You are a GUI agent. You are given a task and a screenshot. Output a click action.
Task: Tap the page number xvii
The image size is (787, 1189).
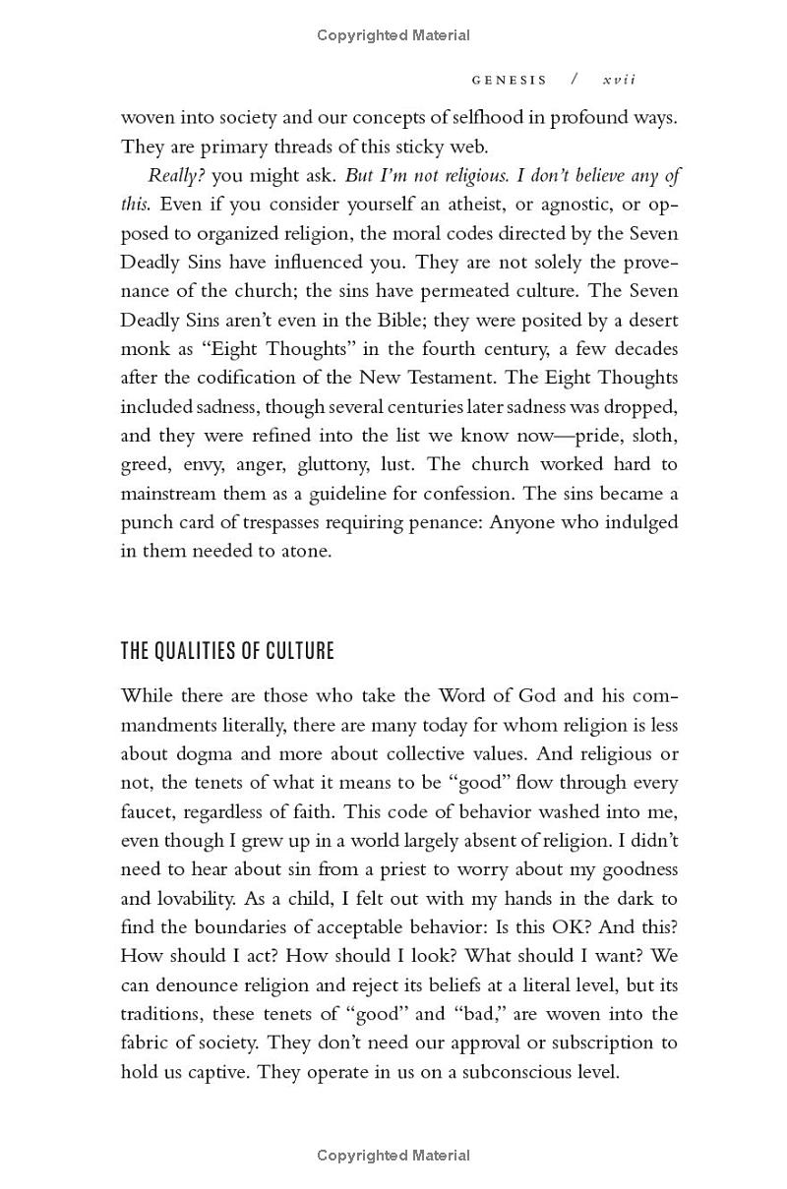(619, 80)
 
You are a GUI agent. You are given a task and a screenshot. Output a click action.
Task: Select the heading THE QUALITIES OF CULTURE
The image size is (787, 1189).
(227, 651)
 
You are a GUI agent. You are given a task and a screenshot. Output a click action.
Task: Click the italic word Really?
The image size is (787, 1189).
(177, 176)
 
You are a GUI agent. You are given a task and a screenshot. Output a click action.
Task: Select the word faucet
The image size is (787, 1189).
(151, 812)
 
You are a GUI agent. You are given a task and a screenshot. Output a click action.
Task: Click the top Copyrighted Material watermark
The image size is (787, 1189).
(393, 35)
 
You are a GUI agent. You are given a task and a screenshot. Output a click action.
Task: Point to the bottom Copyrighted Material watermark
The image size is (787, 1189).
(393, 1156)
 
